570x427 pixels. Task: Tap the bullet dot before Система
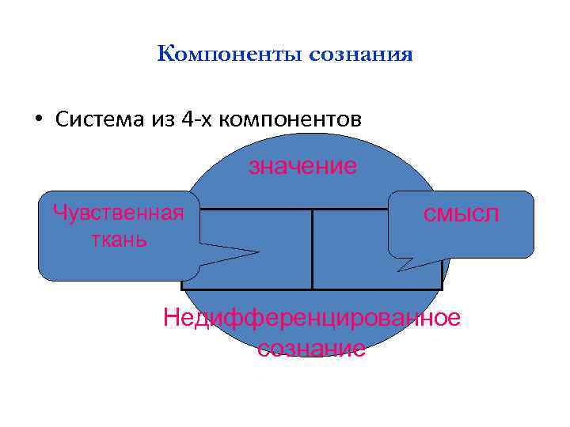pos(37,119)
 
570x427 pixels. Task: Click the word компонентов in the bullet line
pos(289,119)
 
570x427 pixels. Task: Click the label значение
pos(302,166)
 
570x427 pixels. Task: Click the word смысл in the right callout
pos(462,213)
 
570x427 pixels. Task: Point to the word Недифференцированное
pos(311,318)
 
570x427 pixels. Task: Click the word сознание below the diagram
pos(311,348)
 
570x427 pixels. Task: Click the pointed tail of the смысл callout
pos(401,269)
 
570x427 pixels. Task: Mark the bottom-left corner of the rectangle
pos(183,289)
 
